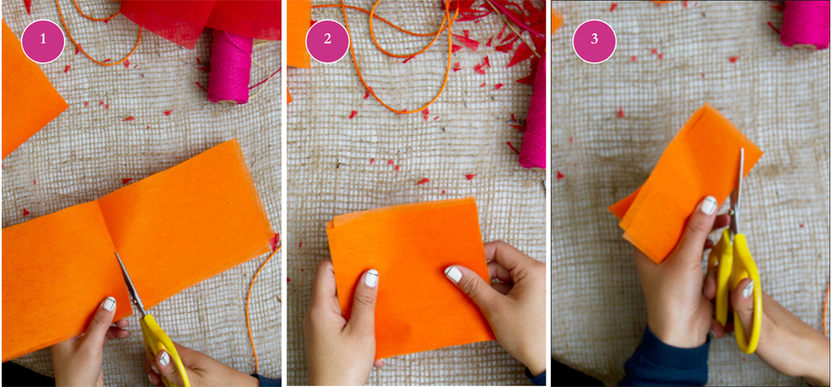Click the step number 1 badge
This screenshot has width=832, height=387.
43,41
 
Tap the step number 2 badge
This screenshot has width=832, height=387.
327,41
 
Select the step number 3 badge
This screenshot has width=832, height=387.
594,41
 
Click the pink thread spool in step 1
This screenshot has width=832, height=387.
230,65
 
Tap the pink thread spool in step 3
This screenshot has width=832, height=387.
804,24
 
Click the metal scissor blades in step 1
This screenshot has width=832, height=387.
130,284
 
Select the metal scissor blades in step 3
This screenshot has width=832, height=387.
737,192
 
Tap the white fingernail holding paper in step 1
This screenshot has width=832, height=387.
109,304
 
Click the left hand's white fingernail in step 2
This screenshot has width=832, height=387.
371,278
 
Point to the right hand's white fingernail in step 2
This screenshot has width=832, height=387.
453,274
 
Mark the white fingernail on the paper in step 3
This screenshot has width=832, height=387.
708,205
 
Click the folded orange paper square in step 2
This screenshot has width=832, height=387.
409,276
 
